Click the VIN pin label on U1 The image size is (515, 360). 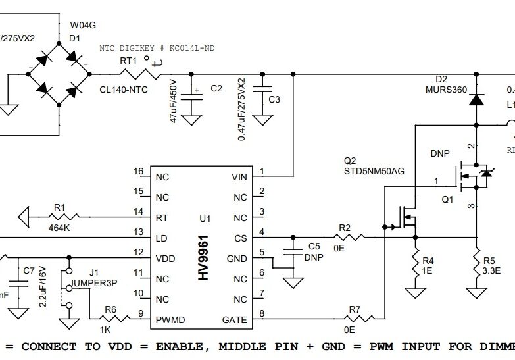[239, 177]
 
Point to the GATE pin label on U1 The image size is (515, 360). [235, 321]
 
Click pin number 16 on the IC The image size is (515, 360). [138, 172]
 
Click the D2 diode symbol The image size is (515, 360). [476, 101]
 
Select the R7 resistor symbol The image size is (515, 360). [355, 320]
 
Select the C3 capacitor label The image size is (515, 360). [274, 99]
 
